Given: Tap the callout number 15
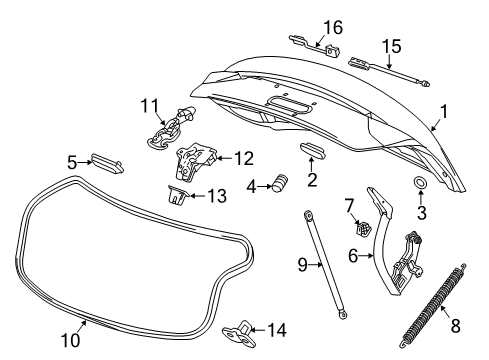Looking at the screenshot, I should [x=393, y=45].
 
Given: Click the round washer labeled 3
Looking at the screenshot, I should [x=419, y=184].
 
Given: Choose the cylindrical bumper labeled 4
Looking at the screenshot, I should [x=281, y=184].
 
